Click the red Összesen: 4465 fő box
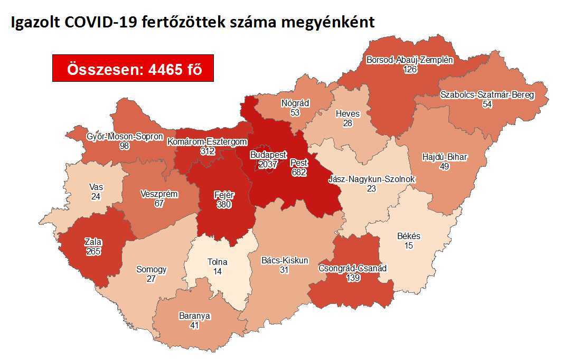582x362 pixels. point(133,68)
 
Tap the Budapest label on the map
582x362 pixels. point(268,155)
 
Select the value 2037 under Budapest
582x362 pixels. point(268,165)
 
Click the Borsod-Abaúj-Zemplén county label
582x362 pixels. point(410,60)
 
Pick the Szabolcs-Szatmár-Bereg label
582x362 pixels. point(487,95)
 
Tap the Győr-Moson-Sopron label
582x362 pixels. point(125,137)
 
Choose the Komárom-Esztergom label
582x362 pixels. point(207,141)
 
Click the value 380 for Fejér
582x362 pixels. point(224,204)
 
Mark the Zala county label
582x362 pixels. point(93,242)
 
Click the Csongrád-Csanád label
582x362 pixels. point(353,268)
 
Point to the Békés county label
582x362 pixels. point(408,236)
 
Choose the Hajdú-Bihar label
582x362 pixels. point(445,157)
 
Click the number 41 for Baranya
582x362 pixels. point(194,326)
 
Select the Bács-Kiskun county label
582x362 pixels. point(285,260)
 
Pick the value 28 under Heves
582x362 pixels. point(347,123)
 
